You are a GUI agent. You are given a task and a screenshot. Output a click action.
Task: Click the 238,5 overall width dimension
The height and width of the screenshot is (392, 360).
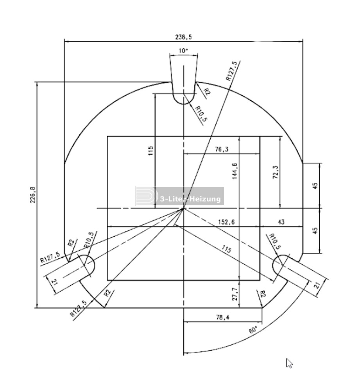(183, 37)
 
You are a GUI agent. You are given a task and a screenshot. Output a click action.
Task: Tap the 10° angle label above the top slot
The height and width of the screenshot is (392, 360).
(183, 51)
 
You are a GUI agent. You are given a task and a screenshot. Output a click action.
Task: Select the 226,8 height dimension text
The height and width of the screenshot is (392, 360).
(33, 195)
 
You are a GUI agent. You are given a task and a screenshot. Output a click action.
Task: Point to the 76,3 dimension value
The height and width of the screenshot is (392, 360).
(222, 149)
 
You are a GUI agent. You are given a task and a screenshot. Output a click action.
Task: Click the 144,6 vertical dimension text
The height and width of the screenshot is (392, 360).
(235, 171)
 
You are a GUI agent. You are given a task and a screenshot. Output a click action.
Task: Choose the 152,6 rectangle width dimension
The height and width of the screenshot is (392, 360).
(226, 222)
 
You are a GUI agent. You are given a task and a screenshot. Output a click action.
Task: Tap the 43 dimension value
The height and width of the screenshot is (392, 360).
(281, 222)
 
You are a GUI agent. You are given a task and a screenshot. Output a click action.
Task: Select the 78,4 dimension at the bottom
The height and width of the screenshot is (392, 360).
(222, 317)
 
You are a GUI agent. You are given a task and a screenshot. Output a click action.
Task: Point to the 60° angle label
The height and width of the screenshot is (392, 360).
(253, 330)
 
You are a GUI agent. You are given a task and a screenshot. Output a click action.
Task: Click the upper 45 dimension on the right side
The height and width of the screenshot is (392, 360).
(315, 185)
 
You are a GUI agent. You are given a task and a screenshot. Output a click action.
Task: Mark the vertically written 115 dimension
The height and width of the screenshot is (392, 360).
(150, 151)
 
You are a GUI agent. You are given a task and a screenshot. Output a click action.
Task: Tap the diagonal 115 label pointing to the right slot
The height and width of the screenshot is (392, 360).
(227, 249)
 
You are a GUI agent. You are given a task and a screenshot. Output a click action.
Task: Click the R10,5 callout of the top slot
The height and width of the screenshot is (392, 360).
(201, 114)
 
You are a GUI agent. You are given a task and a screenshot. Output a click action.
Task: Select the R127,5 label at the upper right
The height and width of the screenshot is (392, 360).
(231, 71)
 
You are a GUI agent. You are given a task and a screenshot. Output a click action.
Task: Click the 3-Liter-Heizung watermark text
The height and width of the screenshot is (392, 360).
(190, 199)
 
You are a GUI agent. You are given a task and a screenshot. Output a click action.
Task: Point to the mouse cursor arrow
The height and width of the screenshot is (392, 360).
(289, 363)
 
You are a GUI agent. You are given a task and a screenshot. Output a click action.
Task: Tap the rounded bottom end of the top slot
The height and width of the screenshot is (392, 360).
(184, 104)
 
